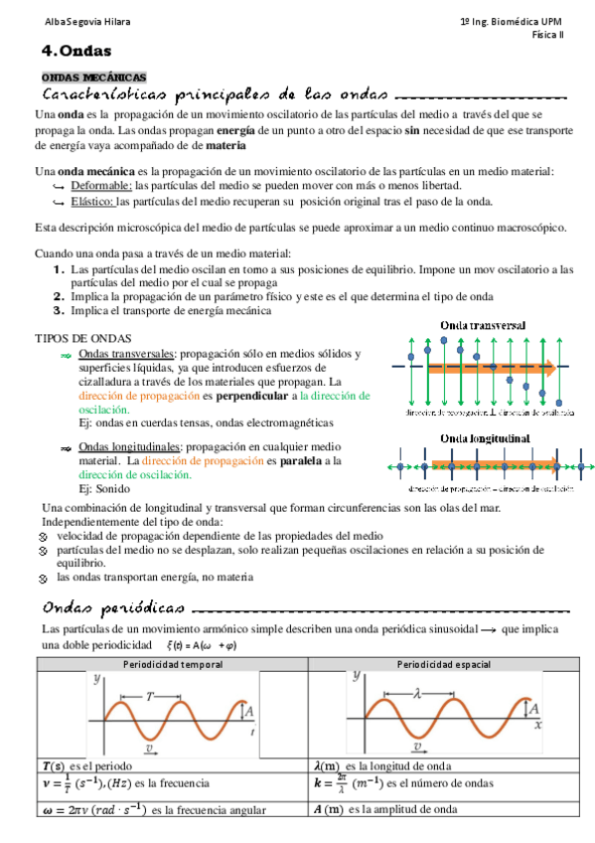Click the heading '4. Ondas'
coord(76,51)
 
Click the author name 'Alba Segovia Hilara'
coord(60,22)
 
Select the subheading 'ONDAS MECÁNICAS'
coord(92,78)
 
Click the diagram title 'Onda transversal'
coord(483,326)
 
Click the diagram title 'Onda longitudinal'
coord(485,438)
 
